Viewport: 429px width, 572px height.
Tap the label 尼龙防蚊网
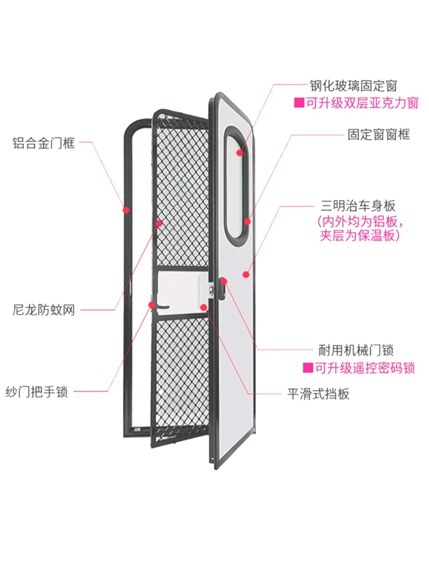pyautogui.click(x=43, y=311)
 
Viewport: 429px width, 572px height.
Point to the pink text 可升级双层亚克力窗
pyautogui.click(x=361, y=104)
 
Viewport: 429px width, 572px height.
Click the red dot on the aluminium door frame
pyautogui.click(x=126, y=210)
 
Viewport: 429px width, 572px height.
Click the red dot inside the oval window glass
pyautogui.click(x=240, y=152)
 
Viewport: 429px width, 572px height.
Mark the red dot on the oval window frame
pyautogui.click(x=247, y=221)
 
